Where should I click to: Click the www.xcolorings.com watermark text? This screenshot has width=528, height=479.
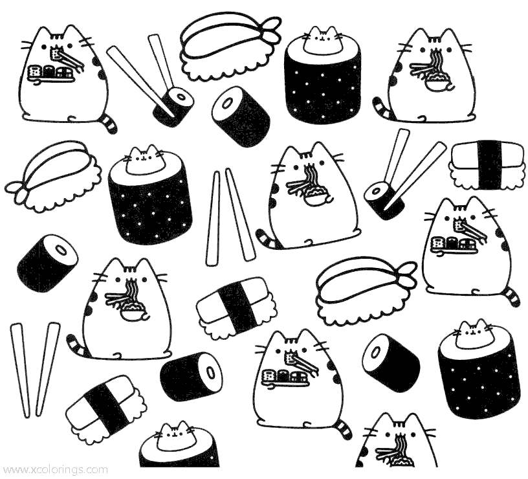pos(54,469)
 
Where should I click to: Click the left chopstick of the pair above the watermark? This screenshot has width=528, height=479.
pos(19,370)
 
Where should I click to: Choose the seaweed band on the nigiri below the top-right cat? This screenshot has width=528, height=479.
pos(490,164)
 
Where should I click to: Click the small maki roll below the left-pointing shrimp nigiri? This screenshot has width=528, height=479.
pos(47,260)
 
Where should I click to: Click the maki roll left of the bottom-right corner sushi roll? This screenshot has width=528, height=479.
pos(391,363)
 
